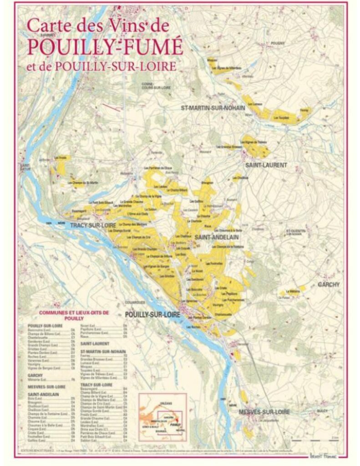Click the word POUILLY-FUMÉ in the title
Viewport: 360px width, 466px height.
[105, 46]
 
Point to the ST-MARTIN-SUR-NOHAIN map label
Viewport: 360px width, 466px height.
[213, 108]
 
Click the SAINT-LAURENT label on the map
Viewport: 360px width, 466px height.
[266, 165]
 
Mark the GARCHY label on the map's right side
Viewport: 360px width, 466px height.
[329, 284]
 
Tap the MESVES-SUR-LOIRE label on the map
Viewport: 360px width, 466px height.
[264, 411]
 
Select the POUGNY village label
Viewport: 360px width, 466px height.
[277, 43]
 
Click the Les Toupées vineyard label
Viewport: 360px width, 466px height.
[281, 118]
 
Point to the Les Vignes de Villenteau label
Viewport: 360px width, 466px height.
[226, 68]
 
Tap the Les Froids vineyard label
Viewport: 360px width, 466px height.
[61, 157]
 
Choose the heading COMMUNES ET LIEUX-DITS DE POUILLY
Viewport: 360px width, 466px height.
[74, 315]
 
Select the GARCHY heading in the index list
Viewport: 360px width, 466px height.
[35, 375]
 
